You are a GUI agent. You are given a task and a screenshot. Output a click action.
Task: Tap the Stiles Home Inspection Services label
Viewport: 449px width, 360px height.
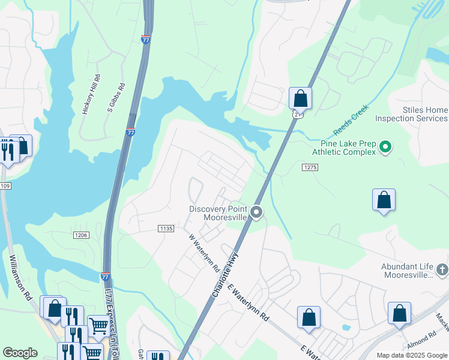pyautogui.click(x=411, y=114)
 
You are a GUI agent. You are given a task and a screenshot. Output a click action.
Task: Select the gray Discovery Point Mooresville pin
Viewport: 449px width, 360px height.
pyautogui.click(x=257, y=212)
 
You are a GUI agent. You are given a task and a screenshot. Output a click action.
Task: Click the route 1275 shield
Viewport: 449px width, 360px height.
pyautogui.click(x=309, y=169)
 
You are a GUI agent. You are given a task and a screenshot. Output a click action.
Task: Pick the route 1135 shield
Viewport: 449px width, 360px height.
pyautogui.click(x=166, y=228)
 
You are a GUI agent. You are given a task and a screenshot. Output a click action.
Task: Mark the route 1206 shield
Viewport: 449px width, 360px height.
pyautogui.click(x=81, y=235)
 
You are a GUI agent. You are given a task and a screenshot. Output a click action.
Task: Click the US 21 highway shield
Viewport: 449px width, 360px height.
pyautogui.click(x=296, y=114)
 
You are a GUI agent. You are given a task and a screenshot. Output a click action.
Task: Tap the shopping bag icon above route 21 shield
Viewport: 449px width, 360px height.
pyautogui.click(x=300, y=98)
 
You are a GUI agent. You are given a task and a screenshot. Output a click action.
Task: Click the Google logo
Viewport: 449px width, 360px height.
pyautogui.click(x=20, y=353)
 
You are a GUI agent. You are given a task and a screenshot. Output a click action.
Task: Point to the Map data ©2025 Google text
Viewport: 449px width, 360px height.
pyautogui.click(x=412, y=355)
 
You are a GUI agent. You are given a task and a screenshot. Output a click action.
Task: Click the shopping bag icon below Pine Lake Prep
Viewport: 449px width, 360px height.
pyautogui.click(x=384, y=200)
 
